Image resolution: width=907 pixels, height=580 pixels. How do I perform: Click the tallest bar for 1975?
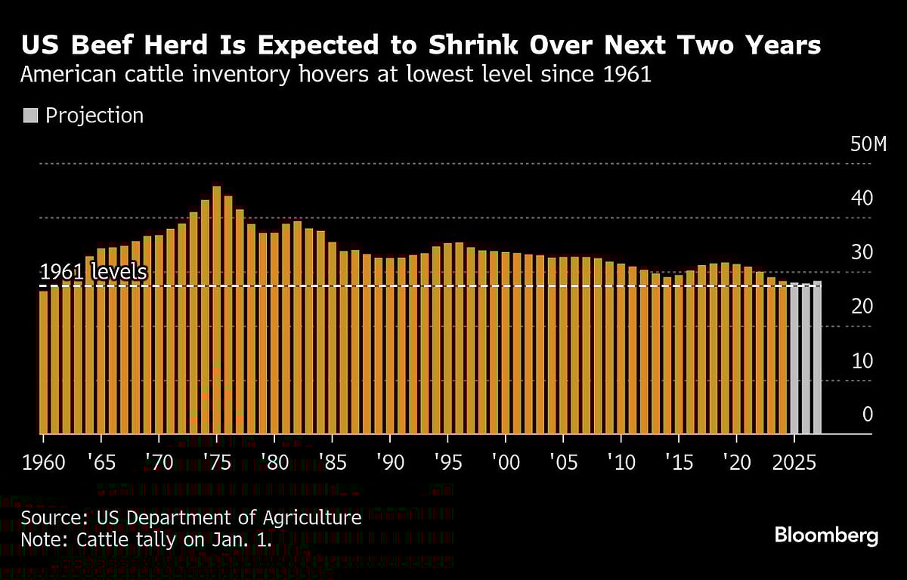[x=217, y=310]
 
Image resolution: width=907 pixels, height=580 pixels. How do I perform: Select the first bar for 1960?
[x=43, y=362]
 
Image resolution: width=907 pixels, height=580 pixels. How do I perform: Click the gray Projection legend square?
[x=30, y=116]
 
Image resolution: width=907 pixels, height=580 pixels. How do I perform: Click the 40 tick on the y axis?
[x=862, y=199]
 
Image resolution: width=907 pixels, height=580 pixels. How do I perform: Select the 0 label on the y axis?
[x=867, y=415]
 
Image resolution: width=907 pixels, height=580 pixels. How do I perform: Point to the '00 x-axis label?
[x=505, y=462]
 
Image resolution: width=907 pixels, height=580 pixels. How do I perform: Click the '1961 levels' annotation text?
[x=93, y=272]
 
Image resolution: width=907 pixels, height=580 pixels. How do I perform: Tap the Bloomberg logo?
[x=826, y=536]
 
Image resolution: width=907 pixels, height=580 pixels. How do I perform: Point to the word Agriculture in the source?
[x=312, y=518]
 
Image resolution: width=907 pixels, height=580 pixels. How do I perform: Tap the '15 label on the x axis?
[x=679, y=462]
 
